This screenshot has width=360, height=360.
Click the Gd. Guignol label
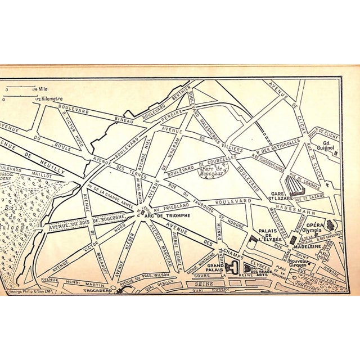[x=325, y=147]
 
